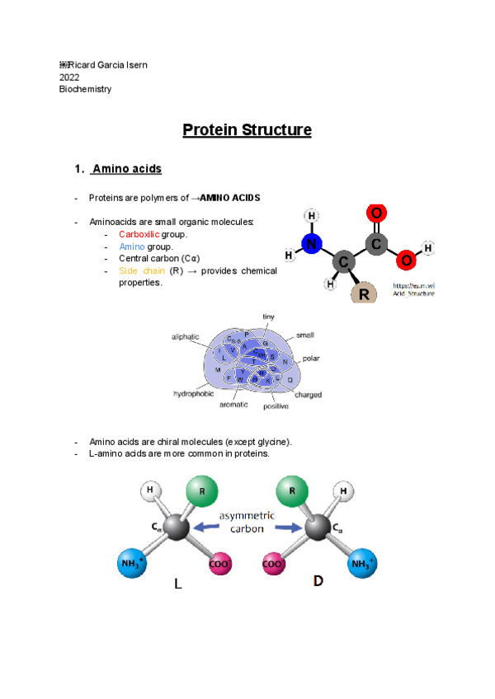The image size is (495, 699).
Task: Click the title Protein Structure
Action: (x=247, y=130)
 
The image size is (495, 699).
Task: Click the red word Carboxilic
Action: (x=139, y=234)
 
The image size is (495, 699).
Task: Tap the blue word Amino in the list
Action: (x=131, y=246)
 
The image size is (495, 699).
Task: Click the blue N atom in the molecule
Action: (x=310, y=244)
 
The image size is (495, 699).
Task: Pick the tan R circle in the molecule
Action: (x=363, y=293)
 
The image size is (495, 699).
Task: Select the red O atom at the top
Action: (x=376, y=213)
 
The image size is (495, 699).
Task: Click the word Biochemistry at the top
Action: (x=85, y=89)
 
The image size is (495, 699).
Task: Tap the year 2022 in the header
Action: (x=69, y=77)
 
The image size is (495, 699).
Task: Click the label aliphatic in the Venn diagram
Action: (x=185, y=336)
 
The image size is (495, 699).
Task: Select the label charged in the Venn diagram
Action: (x=309, y=395)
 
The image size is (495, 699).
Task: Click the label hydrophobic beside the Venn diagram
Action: (x=193, y=394)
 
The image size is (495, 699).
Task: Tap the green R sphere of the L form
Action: (x=201, y=492)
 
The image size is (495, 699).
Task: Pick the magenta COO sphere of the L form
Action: (x=219, y=564)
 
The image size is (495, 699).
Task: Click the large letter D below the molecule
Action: (x=318, y=582)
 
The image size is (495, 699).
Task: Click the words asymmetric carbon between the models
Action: (x=247, y=522)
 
